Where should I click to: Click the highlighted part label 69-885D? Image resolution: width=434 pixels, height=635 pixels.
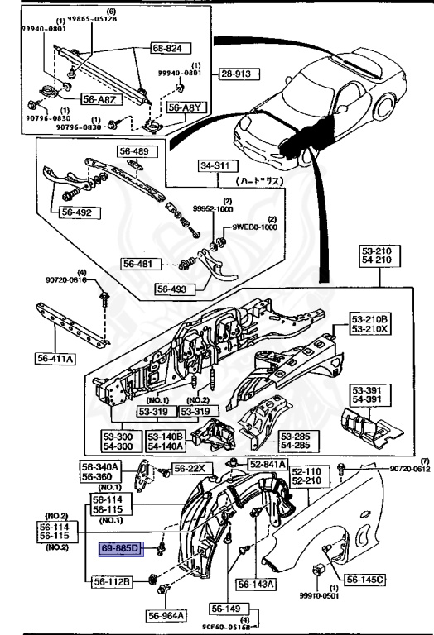pos(122,547)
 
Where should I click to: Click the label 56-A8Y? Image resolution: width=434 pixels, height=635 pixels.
pos(183,107)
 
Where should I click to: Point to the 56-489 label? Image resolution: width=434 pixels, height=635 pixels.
pos(133,152)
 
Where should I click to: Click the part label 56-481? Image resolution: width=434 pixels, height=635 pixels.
pos(138,264)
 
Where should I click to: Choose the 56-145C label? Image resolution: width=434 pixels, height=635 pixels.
pos(366,580)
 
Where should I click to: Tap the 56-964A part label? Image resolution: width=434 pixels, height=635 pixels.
pos(167,615)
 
